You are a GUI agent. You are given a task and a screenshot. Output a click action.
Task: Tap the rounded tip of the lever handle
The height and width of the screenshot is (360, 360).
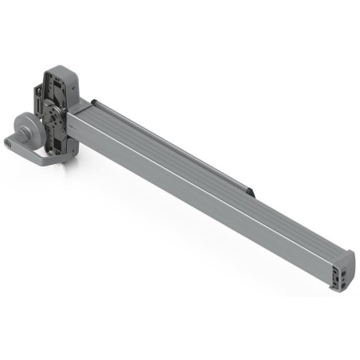tap(9, 143)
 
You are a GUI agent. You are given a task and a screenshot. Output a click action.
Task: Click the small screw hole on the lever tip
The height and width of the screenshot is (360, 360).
tap(9, 143)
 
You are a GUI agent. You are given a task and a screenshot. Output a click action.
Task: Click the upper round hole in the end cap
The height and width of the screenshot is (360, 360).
tap(344, 269)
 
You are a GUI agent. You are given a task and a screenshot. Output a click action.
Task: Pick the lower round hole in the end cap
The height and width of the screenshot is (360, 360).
tap(344, 279)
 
